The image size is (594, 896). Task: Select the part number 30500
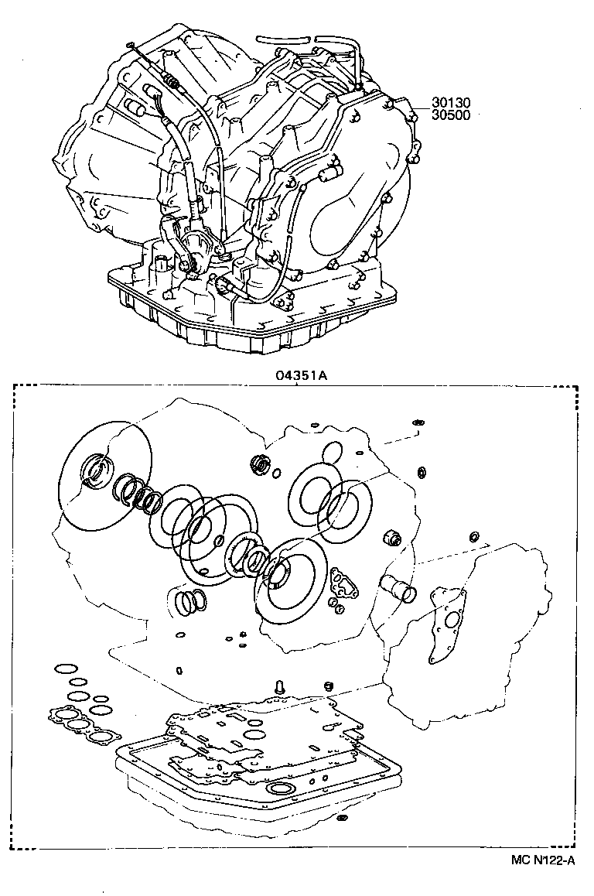pos(451,115)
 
